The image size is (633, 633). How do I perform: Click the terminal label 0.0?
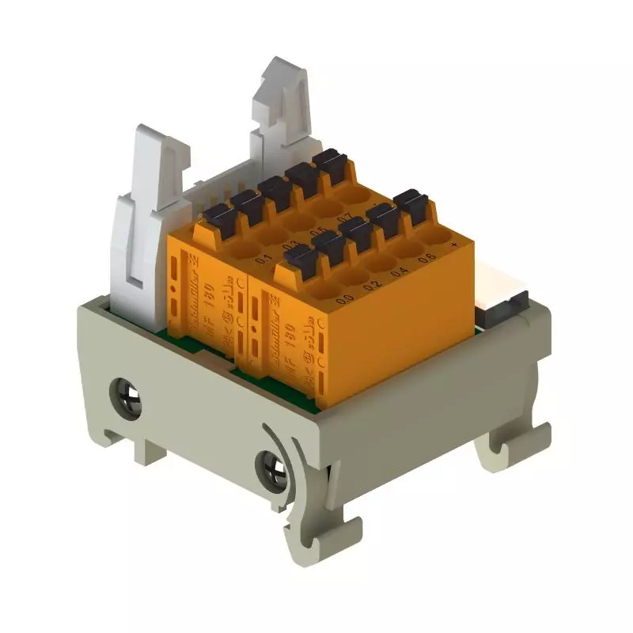[344, 300]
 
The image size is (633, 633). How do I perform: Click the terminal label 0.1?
[263, 259]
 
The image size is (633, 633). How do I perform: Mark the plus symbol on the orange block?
[454, 244]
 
